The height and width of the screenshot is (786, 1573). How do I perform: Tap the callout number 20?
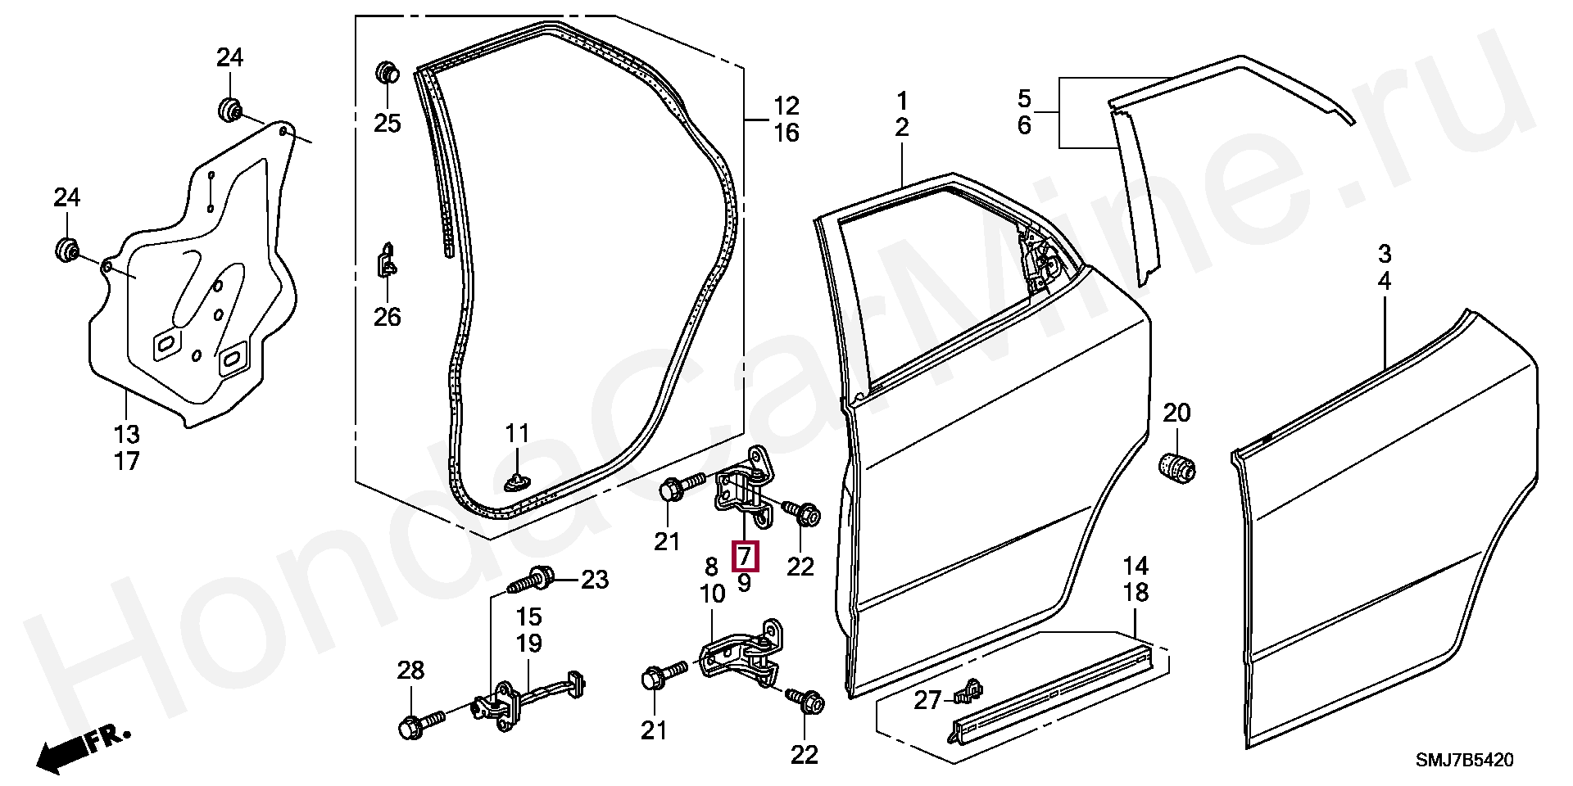(1176, 413)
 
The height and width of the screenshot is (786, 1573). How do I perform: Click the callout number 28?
(410, 671)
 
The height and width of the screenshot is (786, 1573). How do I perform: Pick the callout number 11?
(517, 433)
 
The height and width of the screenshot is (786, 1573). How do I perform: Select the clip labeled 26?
(388, 261)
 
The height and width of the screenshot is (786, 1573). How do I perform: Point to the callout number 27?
(927, 701)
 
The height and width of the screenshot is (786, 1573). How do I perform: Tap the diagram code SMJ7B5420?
(1464, 761)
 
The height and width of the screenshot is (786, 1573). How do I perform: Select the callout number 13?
(126, 434)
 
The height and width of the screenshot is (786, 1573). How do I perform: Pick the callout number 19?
(528, 644)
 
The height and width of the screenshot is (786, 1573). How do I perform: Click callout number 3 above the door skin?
(1384, 254)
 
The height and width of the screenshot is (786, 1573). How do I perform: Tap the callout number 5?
(1024, 99)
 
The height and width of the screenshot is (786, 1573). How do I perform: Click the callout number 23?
(595, 580)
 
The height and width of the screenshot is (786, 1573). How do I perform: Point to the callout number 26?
(388, 317)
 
